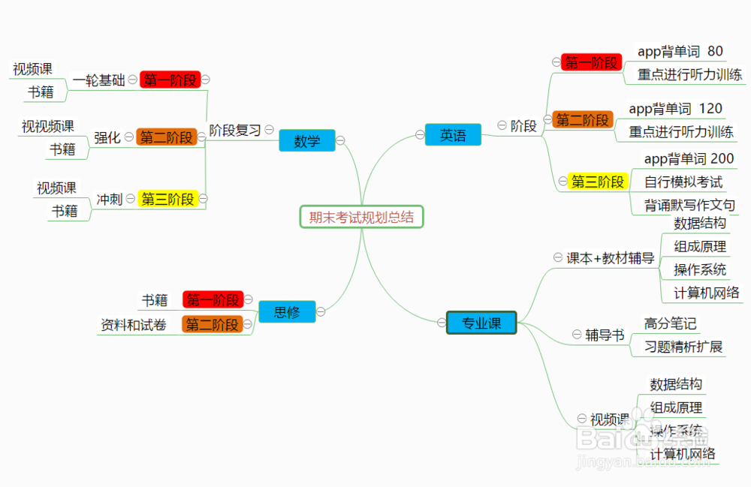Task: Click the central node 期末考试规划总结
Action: (361, 217)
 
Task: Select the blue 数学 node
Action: (306, 140)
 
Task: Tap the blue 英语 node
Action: (453, 135)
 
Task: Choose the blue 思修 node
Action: (286, 312)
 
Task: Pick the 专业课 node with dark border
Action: (481, 323)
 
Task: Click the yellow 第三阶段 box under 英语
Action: (597, 182)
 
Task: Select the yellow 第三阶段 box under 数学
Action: (168, 199)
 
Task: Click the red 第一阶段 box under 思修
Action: (213, 300)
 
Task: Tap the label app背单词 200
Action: (689, 159)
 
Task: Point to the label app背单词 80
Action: (680, 52)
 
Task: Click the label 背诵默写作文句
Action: (689, 205)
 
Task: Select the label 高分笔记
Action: (670, 323)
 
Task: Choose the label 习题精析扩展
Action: (683, 347)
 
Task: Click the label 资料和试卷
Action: (134, 325)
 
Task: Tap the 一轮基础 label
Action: (98, 80)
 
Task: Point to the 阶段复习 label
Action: (234, 130)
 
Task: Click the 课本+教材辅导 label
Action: (610, 258)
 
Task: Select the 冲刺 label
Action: (110, 200)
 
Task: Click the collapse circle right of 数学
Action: (340, 140)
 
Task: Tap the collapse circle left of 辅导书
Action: (577, 335)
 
